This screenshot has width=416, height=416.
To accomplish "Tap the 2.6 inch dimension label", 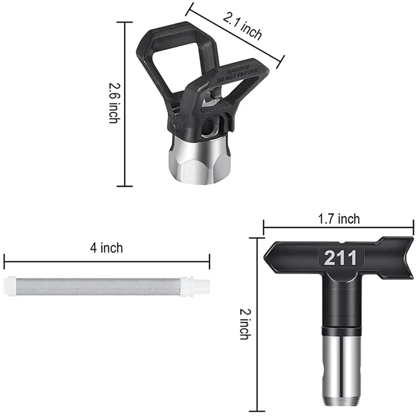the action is pyautogui.click(x=114, y=103).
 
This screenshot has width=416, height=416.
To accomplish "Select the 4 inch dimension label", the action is pyautogui.click(x=107, y=248).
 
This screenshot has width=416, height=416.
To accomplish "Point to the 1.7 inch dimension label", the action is pyautogui.click(x=339, y=219).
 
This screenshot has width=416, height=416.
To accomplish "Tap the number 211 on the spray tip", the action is pyautogui.click(x=341, y=257).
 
